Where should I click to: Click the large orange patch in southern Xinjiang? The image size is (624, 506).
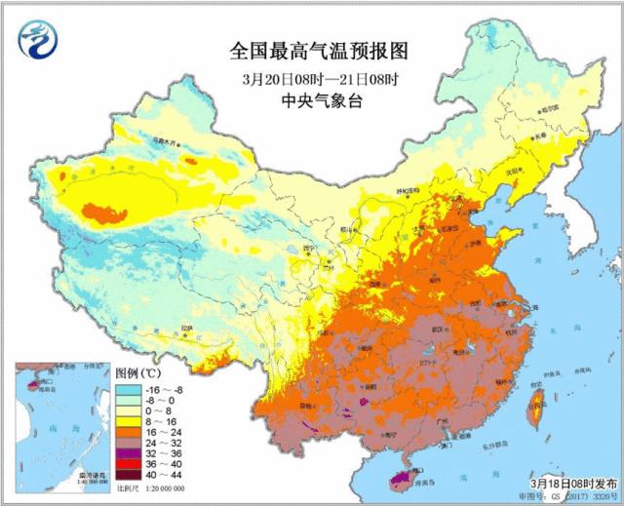tap(104, 211)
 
